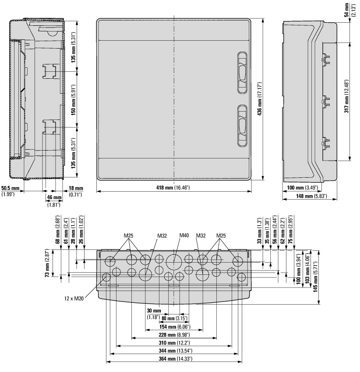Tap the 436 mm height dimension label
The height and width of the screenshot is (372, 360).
[259, 99]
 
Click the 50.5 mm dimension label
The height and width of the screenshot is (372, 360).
[11, 191]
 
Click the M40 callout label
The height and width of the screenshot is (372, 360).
[184, 235]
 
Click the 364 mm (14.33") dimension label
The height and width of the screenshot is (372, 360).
[174, 359]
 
